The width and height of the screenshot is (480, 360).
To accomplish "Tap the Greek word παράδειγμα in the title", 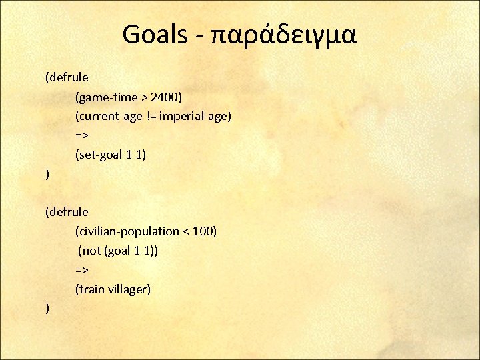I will pos(284,36).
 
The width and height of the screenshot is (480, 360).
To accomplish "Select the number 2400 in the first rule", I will pos(165,97).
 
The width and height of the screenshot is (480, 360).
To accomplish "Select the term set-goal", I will pos(100,155).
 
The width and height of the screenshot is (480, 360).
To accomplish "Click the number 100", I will pos(203,231).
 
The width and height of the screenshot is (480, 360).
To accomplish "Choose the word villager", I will pos(129,289).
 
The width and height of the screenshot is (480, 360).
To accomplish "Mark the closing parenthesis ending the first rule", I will pos(47,175).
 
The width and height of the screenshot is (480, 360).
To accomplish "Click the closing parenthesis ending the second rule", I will pos(47,309).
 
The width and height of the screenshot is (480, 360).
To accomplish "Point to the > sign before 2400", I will pos(144,97).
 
